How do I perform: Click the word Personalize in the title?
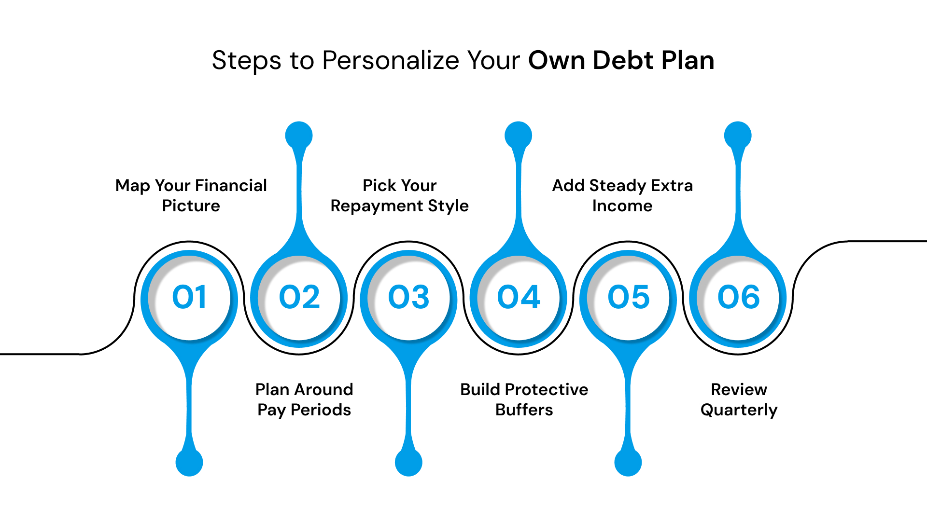tap(390, 61)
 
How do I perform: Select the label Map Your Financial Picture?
tap(191, 195)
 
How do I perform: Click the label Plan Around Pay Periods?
tap(304, 399)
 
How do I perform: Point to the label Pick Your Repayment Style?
tap(399, 195)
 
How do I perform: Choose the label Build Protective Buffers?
tap(524, 399)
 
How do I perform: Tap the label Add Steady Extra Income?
tap(622, 195)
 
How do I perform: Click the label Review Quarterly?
tap(739, 399)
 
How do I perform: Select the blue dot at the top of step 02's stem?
tap(299, 135)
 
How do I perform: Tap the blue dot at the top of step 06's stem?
tap(738, 135)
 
